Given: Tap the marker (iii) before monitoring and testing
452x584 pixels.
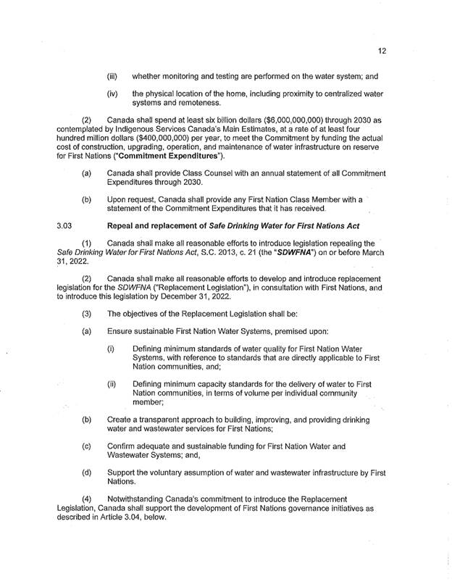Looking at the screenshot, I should pos(112,75).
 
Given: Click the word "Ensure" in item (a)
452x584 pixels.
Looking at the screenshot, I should pos(122,331).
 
